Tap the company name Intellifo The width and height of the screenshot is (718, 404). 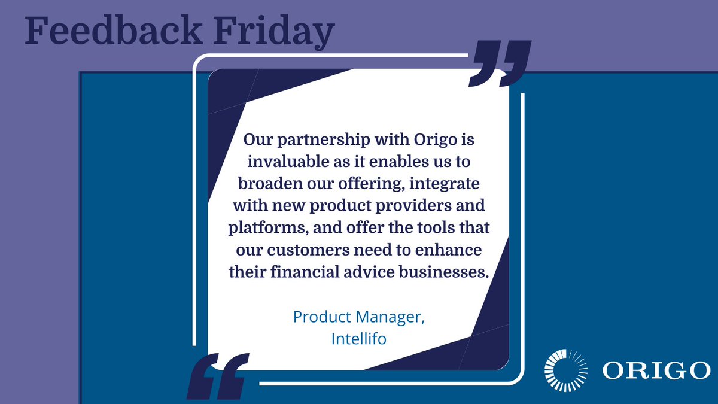(x=358, y=338)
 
